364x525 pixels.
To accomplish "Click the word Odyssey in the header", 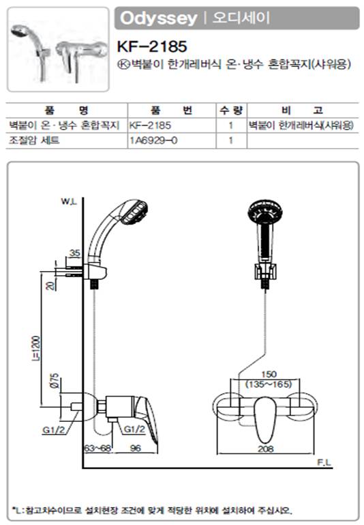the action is point(158,18).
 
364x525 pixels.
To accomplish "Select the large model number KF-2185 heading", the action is point(152,46).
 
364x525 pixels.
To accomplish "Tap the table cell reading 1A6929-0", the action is point(153,140).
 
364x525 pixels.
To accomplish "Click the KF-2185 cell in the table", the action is point(150,126).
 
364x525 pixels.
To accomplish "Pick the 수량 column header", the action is point(231,110).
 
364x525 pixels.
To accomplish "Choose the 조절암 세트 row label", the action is point(35,140).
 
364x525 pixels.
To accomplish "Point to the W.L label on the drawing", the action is point(69,201).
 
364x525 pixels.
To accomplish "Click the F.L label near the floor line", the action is point(324,462).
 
